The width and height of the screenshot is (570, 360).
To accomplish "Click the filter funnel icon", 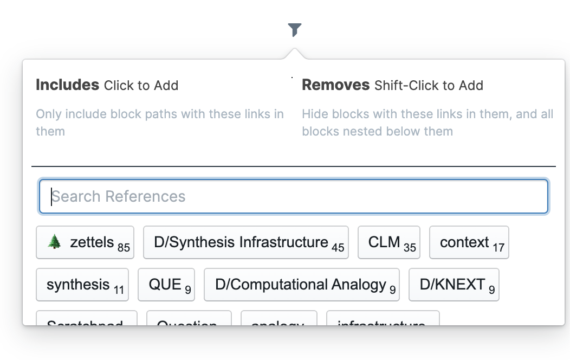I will point(294,30).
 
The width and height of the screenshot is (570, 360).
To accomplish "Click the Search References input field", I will point(293,196).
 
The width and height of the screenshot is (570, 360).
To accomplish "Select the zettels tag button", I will point(85,242).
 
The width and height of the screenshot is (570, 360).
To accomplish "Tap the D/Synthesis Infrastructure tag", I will point(245,242).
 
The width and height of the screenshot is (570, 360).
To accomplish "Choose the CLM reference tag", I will point(388,242).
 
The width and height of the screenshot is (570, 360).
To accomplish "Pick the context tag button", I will point(469,242).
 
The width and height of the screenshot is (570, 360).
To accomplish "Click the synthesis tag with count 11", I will point(82,285).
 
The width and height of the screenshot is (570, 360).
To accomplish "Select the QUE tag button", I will point(166,285).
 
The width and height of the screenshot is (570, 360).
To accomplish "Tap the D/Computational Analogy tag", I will point(301,285).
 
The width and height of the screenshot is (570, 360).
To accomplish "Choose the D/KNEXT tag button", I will point(454,285).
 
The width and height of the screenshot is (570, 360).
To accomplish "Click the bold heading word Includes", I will point(67,85).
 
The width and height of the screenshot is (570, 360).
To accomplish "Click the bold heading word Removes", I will point(335,85).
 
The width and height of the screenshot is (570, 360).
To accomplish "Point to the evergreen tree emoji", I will point(54,242).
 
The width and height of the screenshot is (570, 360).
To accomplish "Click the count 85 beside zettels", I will point(124,247).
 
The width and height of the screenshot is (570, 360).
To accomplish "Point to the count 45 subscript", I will point(338,247).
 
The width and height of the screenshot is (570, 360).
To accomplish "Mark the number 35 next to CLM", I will point(410,247).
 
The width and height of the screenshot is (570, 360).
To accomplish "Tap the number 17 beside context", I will point(498,247).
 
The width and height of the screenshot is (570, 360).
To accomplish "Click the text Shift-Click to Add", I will point(429,86).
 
